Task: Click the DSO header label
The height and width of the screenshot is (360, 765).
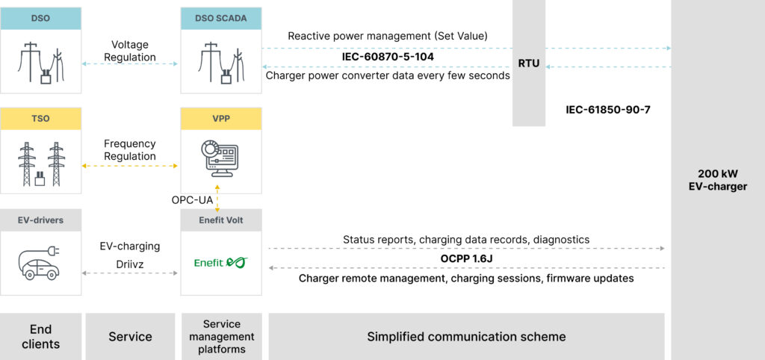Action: click(40, 18)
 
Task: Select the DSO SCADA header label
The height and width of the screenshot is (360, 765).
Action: click(221, 18)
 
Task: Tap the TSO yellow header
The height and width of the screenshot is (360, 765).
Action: click(40, 118)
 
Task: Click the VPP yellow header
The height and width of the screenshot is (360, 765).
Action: click(221, 118)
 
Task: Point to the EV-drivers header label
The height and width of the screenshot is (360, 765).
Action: click(40, 220)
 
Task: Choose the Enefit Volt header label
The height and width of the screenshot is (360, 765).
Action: click(221, 220)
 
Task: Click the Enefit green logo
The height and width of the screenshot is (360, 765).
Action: click(220, 262)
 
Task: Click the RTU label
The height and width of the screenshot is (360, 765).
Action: click(529, 63)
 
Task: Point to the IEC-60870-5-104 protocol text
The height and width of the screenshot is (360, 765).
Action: click(388, 56)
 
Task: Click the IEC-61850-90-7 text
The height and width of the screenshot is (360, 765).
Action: click(608, 110)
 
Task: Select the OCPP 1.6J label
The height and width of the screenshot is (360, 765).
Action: click(466, 258)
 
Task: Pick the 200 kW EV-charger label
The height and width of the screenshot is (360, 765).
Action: click(717, 179)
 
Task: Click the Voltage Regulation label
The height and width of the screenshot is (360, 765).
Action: click(130, 51)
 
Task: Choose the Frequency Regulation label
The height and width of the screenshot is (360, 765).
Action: click(130, 150)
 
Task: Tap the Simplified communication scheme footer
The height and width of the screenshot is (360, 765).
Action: click(466, 336)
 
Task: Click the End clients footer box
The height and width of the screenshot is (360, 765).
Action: click(40, 336)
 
